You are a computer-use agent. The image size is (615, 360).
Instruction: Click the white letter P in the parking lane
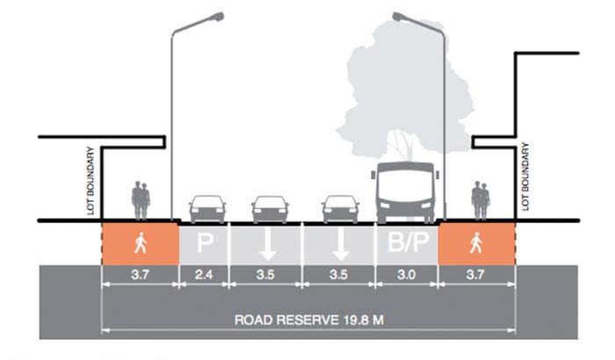(x=206, y=242)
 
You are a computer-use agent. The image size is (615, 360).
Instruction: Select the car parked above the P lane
(x=206, y=208)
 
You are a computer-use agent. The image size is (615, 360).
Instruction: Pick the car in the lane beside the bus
(x=340, y=208)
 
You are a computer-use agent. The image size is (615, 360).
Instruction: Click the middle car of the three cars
(x=269, y=208)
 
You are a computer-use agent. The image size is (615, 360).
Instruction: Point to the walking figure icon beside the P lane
(x=141, y=241)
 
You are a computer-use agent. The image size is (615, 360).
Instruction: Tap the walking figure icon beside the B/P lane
(x=475, y=241)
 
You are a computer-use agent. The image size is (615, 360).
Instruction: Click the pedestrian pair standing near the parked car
(x=141, y=200)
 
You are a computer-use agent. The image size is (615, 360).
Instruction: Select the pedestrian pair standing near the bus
(x=479, y=200)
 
